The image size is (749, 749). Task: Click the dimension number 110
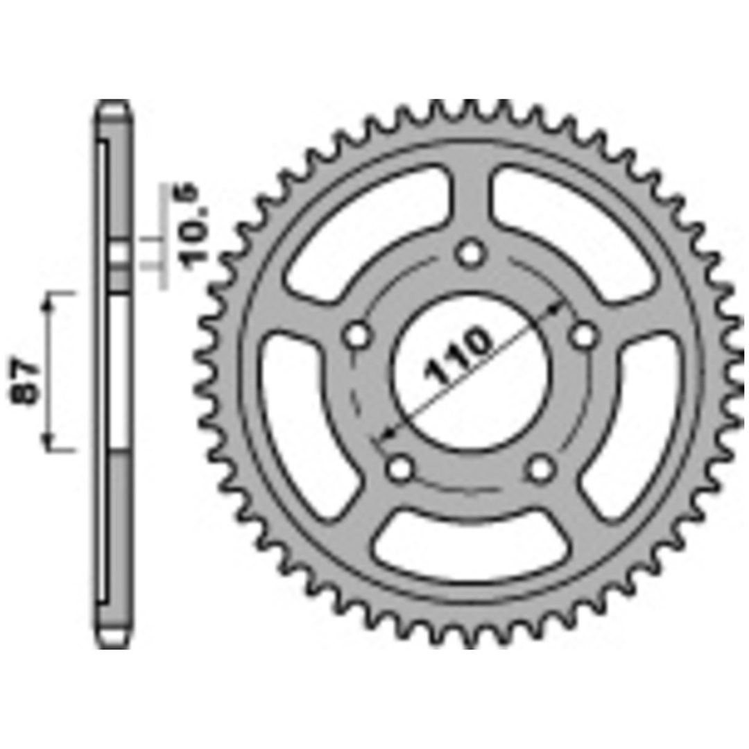pos(458,355)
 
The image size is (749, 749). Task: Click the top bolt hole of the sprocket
pos(470,254)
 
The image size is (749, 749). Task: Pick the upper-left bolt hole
pos(357,336)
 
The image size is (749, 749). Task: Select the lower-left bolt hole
pos(400,469)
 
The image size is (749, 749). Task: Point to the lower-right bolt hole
pos(541,469)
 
